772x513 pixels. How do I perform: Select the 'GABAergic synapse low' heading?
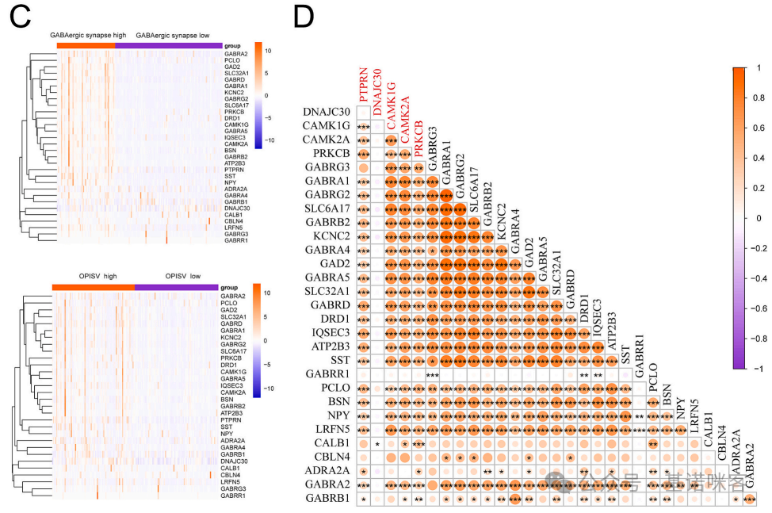pos(172,36)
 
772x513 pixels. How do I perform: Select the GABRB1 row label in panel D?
pos(327,499)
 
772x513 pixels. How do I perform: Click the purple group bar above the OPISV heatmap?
pos(177,288)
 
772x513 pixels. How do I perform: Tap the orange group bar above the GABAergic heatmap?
pos(86,45)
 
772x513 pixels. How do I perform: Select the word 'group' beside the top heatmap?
pos(233,46)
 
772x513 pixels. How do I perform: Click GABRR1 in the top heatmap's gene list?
pos(236,240)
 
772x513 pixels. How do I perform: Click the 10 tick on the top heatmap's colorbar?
pos(269,51)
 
